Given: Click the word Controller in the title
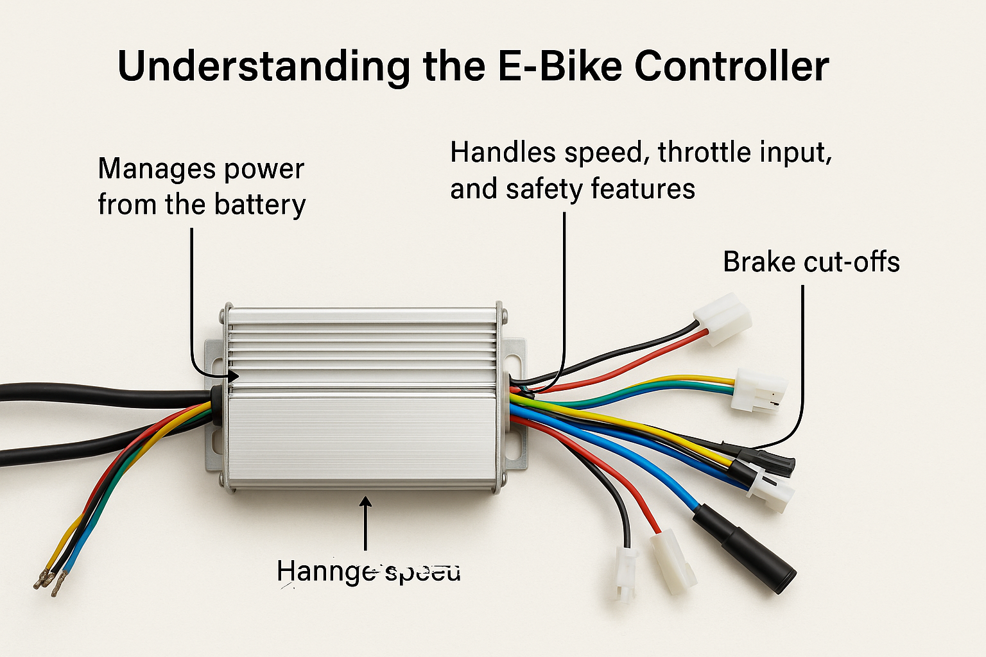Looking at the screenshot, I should point(731,66).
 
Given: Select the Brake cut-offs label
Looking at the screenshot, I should point(811,262).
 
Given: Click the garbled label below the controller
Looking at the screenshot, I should point(368,570).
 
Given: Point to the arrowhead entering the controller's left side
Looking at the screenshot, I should point(232,376).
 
